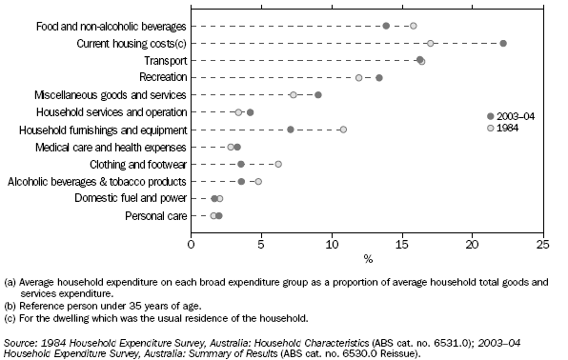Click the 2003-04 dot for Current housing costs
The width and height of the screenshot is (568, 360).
pyautogui.click(x=503, y=43)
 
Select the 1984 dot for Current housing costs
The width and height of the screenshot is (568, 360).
pyautogui.click(x=431, y=43)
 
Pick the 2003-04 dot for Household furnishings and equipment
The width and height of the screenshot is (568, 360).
pyautogui.click(x=291, y=130)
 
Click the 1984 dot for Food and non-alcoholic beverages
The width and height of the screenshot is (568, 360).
pyautogui.click(x=414, y=26)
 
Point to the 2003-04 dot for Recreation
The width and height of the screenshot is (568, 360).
pyautogui.click(x=379, y=77)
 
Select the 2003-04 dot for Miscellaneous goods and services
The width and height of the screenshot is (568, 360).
pyautogui.click(x=318, y=94)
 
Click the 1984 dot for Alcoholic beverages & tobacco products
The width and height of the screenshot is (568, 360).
pyautogui.click(x=258, y=181)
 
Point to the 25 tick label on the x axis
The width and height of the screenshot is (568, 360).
pyautogui.click(x=542, y=244)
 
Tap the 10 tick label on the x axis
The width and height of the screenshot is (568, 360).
pyautogui.click(x=332, y=244)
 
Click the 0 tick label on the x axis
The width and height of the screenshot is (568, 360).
pyautogui.click(x=192, y=244)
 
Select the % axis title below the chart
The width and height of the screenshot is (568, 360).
pyautogui.click(x=367, y=258)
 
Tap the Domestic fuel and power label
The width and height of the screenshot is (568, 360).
pyautogui.click(x=136, y=198)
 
